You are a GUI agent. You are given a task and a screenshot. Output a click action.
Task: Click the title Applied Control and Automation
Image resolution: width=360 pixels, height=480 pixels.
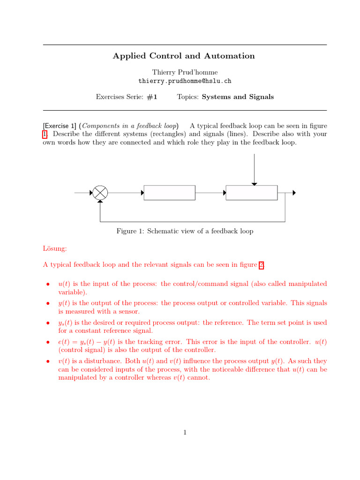[x=184, y=56]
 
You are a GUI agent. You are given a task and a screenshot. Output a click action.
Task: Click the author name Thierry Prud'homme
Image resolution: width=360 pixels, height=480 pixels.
[x=185, y=72]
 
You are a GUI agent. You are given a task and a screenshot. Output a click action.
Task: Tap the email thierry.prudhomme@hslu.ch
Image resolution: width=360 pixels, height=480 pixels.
[x=185, y=81]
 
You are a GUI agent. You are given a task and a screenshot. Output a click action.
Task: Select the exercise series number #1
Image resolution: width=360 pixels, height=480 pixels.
[x=151, y=97]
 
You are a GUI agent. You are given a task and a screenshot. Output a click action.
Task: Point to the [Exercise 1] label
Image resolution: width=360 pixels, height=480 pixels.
[x=60, y=126]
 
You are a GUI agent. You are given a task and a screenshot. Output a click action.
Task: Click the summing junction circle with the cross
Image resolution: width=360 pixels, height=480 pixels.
[x=100, y=193]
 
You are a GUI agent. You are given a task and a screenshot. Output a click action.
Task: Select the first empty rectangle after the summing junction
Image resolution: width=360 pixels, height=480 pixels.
[x=169, y=193]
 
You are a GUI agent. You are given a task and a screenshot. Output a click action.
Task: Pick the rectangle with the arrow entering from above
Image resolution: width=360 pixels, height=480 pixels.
[x=251, y=193]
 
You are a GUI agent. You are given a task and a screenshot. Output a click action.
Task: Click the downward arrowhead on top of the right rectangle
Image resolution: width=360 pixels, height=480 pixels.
[x=254, y=183]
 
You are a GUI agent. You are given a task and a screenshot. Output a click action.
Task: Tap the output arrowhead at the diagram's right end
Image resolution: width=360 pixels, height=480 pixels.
[x=294, y=193]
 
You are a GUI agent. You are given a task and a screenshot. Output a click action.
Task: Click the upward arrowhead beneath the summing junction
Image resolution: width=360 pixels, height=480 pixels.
[x=100, y=202]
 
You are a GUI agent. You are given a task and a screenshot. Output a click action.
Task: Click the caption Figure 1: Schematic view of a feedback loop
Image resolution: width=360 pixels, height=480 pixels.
[x=185, y=231]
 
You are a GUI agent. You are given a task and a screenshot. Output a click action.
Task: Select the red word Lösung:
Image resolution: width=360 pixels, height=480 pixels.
[x=55, y=248]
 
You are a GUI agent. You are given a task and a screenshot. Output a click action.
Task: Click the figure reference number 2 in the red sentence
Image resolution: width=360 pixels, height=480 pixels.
[x=262, y=265]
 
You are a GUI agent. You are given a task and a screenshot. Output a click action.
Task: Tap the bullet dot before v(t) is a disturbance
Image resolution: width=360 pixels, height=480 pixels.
[x=47, y=362]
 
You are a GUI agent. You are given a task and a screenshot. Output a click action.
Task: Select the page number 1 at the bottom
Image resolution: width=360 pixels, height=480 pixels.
[x=185, y=432]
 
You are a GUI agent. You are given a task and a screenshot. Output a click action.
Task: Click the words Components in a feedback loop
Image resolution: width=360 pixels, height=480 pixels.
[x=130, y=126]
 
